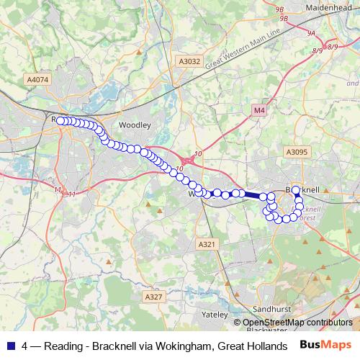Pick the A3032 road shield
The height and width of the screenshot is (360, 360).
pyautogui.click(x=189, y=63)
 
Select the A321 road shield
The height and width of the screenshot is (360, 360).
pyautogui.click(x=207, y=245)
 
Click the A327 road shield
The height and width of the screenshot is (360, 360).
pyautogui.click(x=153, y=296)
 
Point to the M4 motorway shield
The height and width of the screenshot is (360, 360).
pyautogui.click(x=259, y=110)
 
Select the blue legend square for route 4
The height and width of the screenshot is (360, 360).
pyautogui.click(x=10, y=346)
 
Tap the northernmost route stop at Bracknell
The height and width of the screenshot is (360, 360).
pyautogui.click(x=296, y=190)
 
